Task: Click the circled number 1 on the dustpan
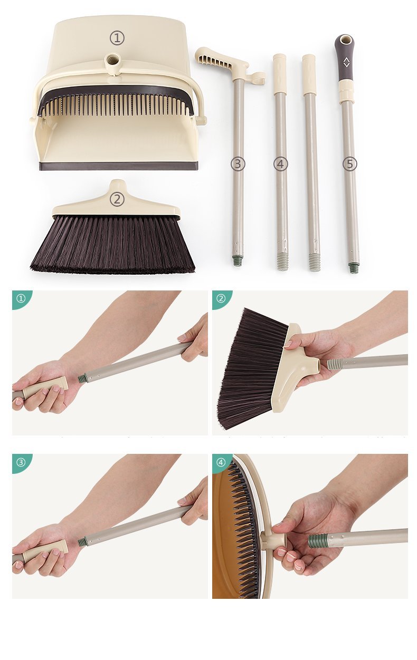tap(117, 38)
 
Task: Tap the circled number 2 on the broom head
tap(117, 199)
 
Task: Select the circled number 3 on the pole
tap(238, 164)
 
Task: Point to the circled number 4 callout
tap(281, 164)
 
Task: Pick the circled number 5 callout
tap(349, 164)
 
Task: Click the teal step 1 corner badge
tap(21, 298)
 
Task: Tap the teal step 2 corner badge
tap(221, 298)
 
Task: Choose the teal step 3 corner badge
tap(21, 462)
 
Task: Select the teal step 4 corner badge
tap(221, 462)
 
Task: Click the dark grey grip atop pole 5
tap(345, 58)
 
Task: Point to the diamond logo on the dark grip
tap(346, 62)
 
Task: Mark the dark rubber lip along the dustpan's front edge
tap(118, 166)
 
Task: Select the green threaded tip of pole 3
tap(238, 260)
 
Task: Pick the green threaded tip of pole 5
tap(354, 268)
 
